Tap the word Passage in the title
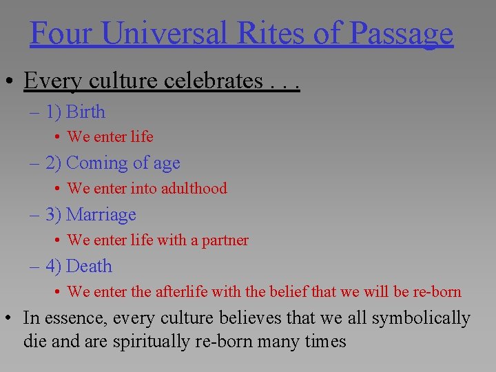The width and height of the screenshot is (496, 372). coord(401,32)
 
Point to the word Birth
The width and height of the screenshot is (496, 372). coord(86,112)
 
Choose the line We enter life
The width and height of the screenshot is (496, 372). coord(110,136)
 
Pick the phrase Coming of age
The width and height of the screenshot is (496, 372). coord(123,163)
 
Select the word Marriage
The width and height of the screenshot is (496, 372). coord(101,215)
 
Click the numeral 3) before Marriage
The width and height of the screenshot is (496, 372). coord(54,215)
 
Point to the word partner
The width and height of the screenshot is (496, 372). coord(225,240)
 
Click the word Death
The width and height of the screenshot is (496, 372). coord(89,267)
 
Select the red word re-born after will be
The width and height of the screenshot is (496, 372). coord(437,291)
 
